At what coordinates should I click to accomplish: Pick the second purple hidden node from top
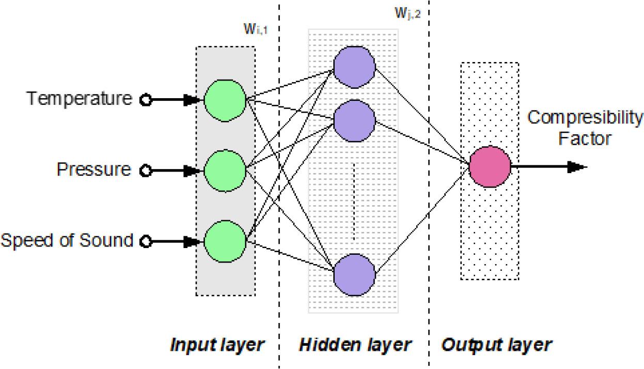(354, 120)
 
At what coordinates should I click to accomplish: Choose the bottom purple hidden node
(354, 274)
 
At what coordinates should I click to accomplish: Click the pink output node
(490, 167)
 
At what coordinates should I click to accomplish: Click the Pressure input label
(94, 169)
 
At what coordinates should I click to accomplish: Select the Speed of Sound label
(67, 240)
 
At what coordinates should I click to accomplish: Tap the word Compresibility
(585, 118)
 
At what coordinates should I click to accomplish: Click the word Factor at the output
(584, 139)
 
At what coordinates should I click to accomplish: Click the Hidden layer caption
(355, 345)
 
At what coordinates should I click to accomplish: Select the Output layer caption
(496, 345)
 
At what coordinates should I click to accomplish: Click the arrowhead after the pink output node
(577, 167)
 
